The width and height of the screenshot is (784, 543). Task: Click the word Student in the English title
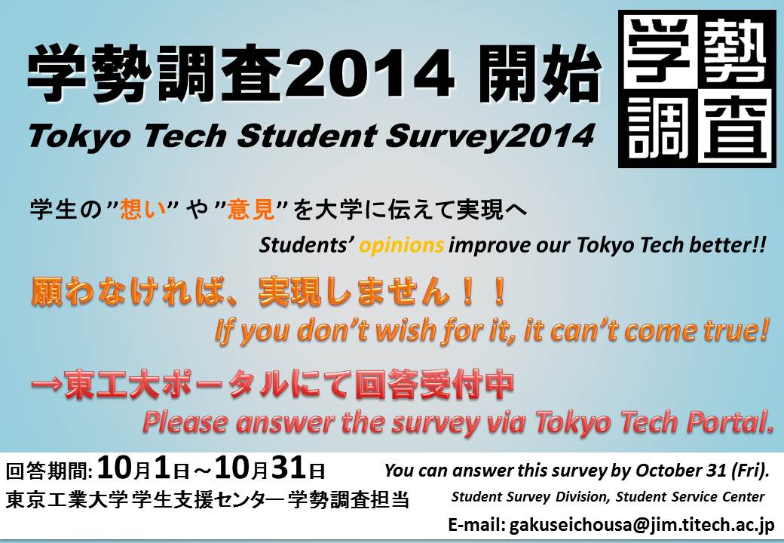[307, 136]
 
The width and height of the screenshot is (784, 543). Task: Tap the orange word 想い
[143, 210]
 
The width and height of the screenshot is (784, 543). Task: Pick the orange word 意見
[251, 210]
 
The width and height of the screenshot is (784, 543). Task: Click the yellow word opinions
[402, 246]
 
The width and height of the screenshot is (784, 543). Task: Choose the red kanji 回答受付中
[434, 385]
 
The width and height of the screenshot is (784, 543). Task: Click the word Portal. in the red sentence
[730, 422]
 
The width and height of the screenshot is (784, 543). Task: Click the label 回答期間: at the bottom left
[49, 471]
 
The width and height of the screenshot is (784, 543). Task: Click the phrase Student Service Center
[690, 496]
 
